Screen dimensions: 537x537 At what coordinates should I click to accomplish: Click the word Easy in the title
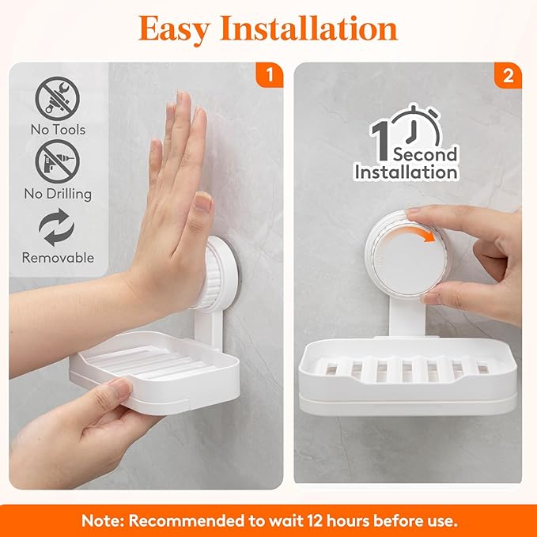[176, 28]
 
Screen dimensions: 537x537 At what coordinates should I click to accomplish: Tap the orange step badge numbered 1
[270, 76]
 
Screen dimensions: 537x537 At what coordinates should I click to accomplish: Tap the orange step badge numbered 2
[507, 76]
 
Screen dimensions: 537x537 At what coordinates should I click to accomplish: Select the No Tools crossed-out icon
[58, 98]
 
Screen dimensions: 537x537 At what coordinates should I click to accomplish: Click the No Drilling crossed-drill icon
[58, 161]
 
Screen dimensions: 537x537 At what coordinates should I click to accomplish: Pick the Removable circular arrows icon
[57, 227]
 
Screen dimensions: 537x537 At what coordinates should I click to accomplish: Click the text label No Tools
[58, 129]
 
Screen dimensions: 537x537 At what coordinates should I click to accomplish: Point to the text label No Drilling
[58, 194]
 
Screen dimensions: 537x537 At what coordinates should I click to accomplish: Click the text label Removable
[58, 258]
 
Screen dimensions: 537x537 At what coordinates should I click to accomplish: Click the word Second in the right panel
[425, 154]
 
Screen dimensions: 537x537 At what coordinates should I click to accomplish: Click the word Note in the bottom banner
[102, 521]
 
